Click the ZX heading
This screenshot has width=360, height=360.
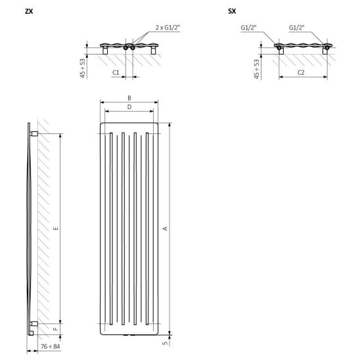point(29,11)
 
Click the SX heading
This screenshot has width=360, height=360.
point(232,11)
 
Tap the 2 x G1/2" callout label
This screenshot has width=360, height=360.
point(168,28)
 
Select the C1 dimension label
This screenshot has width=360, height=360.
point(116,72)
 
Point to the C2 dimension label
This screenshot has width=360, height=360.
point(301,72)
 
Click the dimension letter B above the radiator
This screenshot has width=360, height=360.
point(129,98)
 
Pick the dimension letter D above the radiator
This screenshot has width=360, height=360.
point(129,107)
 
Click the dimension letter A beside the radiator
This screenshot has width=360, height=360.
point(165,229)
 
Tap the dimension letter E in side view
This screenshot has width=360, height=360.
point(56,229)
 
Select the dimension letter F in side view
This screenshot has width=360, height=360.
point(56,329)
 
